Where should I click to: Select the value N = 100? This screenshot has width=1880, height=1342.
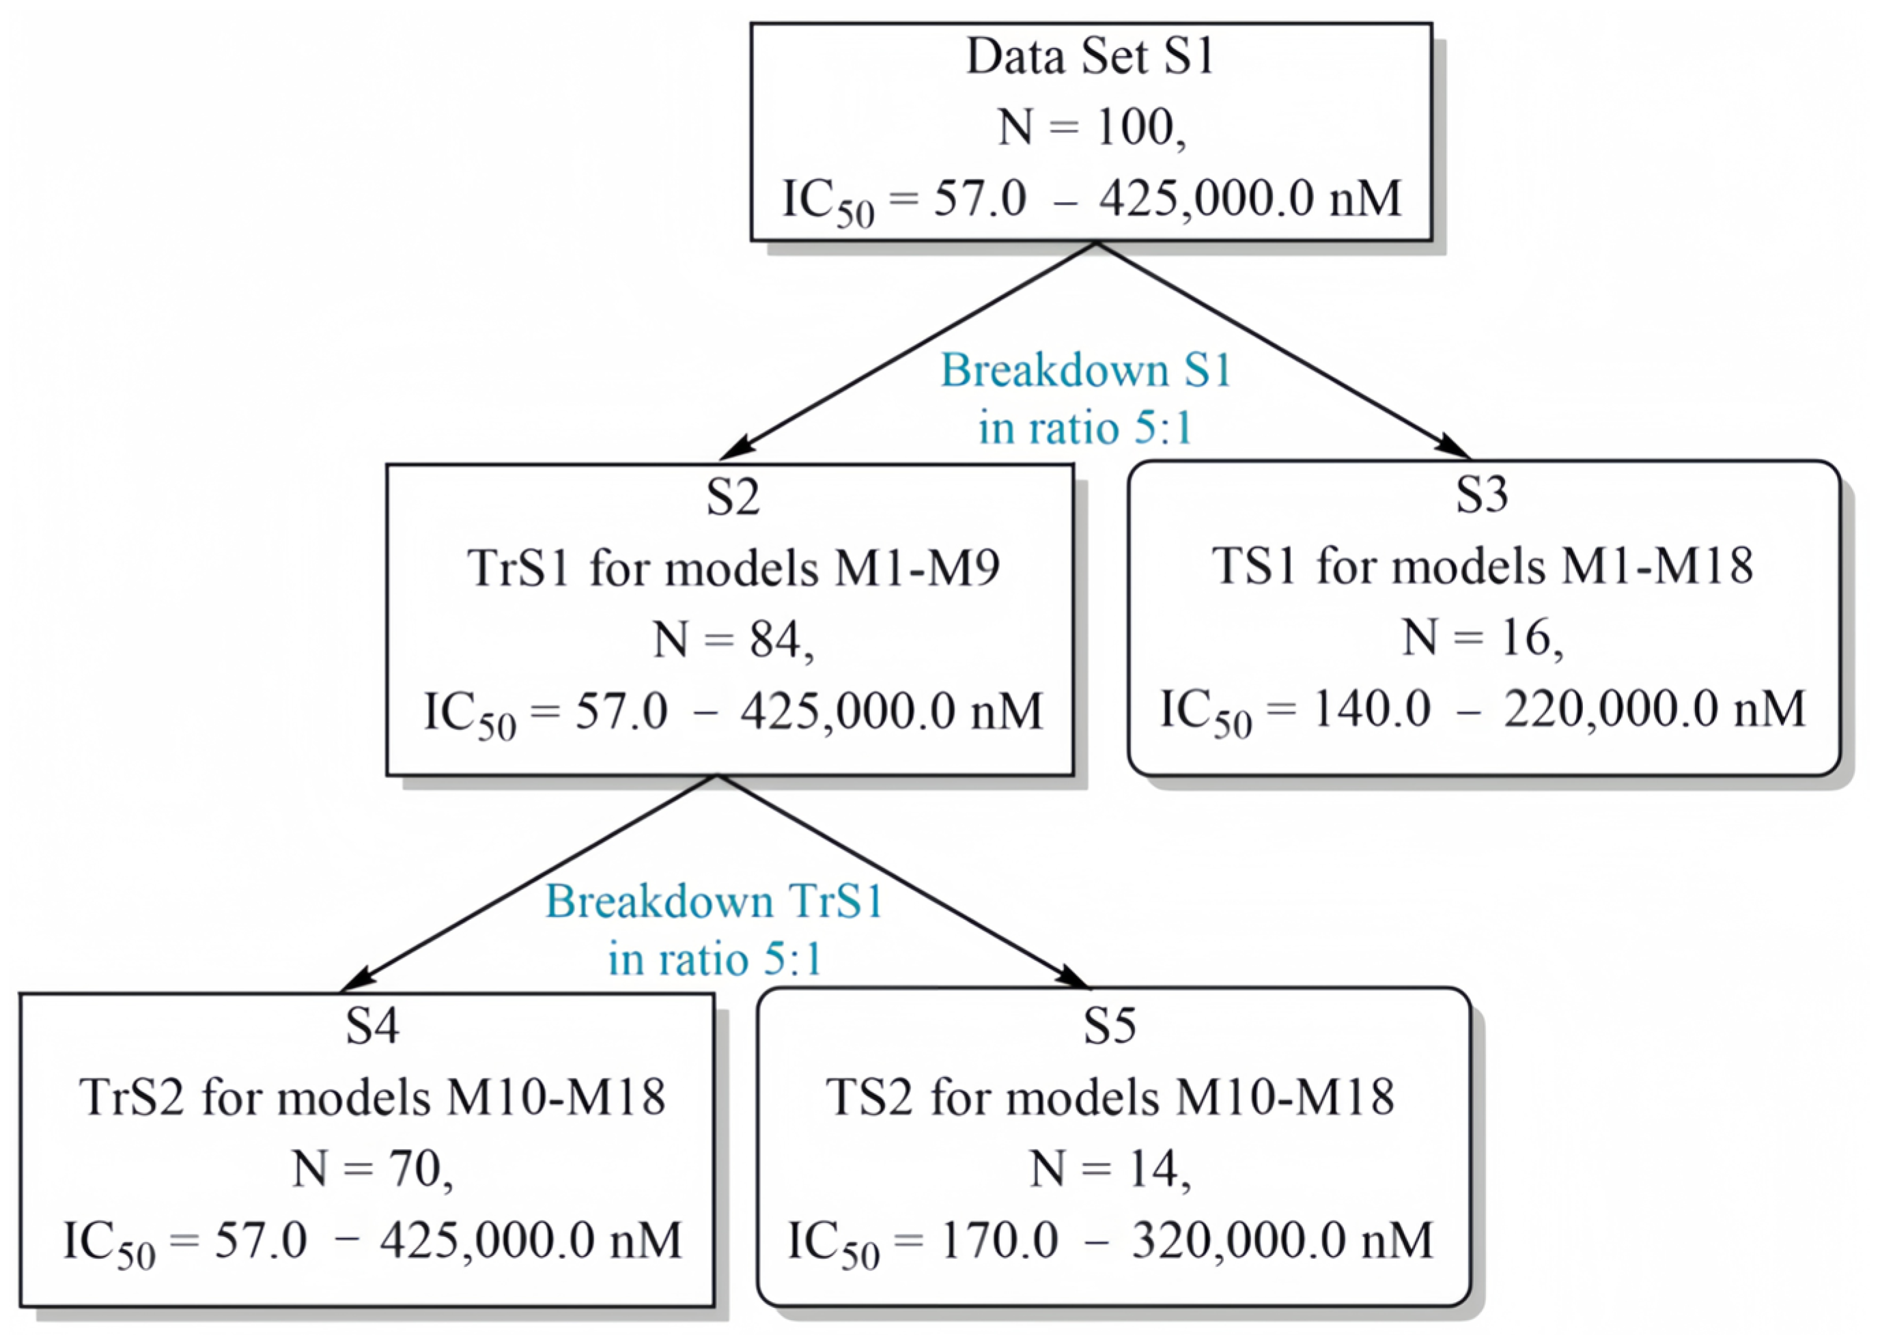pos(1090,129)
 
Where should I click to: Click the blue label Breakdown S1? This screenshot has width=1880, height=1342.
pos(1086,370)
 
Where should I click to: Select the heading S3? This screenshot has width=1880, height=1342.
pos(1482,495)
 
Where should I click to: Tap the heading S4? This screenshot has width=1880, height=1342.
pos(372,1026)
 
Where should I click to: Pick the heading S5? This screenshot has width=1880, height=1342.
pos(1110,1026)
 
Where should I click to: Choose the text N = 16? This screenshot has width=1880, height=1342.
pos(1482,638)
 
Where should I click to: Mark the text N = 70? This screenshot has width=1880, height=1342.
pos(372,1170)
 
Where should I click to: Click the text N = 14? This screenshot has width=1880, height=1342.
pos(1110,1170)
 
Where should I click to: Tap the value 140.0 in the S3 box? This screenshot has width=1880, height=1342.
pos(1372,710)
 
